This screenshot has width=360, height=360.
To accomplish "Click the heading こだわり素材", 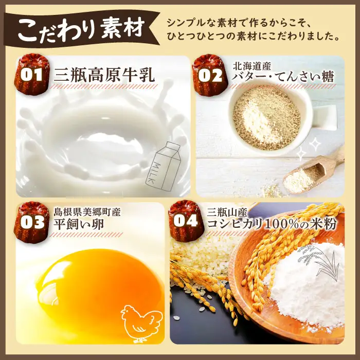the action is click(x=81, y=29).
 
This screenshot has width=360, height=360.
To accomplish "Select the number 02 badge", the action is click(x=210, y=75).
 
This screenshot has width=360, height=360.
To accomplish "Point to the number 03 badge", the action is click(x=32, y=222).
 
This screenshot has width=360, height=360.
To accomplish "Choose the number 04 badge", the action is click(x=185, y=221).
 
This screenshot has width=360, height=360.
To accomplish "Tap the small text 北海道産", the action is click(x=252, y=66).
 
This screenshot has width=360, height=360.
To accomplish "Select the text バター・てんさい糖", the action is click(x=283, y=77).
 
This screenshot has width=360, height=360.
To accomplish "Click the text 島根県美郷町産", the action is click(x=87, y=212).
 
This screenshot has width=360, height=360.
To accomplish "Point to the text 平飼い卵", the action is click(x=79, y=224).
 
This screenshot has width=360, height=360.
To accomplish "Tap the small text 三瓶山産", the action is click(x=227, y=212).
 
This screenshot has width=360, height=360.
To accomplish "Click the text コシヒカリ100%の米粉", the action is click(x=272, y=223).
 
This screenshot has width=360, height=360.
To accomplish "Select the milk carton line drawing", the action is click(x=163, y=166).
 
